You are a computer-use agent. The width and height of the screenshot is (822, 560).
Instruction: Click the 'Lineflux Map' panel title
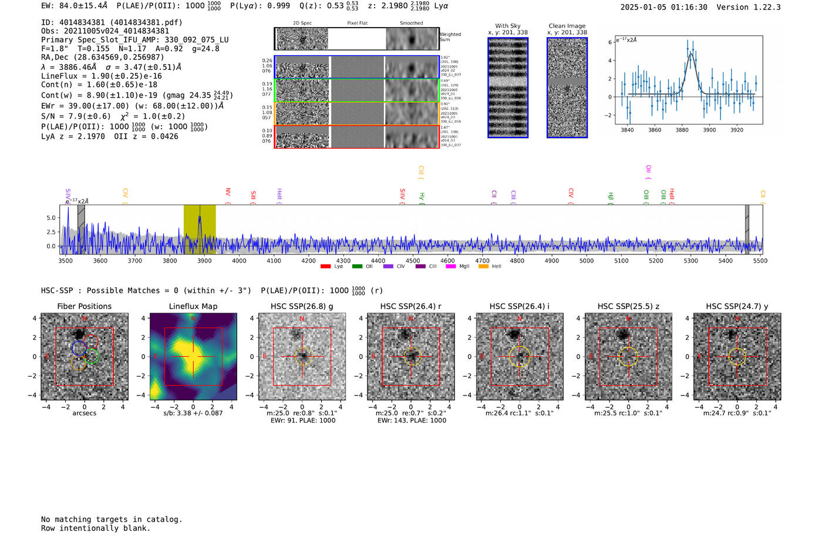pos(193,306)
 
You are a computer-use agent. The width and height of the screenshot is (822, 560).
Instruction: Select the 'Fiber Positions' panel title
pos(84,306)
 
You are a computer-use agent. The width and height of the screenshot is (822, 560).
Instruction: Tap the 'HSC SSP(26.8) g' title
pos(302,306)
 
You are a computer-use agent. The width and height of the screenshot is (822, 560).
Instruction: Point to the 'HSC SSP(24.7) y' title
pos(737,306)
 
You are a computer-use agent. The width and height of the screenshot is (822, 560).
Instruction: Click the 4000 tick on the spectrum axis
pos(239,260)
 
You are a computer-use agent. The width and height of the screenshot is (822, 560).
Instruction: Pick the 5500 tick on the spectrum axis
pos(760,260)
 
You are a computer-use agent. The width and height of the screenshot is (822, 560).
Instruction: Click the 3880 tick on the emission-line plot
pos(682,130)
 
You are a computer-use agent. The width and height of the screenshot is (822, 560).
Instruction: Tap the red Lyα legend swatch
pos(325,266)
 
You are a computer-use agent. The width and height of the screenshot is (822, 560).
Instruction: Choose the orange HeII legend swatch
pos(483,266)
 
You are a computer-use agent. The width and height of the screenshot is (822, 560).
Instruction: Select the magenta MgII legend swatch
pos(451,266)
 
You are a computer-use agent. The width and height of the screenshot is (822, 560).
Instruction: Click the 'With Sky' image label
pos(507,26)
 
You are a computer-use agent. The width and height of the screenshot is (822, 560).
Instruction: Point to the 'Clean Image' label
pos(567,26)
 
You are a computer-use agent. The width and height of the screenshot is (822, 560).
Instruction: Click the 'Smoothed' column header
pos(411,24)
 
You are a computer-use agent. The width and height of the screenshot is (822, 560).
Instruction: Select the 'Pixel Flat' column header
pos(357,24)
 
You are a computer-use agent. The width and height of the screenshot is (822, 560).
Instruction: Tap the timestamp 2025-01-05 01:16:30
pos(663,7)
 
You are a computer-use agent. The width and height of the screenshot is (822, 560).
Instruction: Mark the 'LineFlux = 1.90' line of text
pos(101,76)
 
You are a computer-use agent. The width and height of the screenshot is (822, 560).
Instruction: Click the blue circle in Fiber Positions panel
pos(79,348)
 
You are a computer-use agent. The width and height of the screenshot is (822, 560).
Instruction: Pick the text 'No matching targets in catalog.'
pos(112,519)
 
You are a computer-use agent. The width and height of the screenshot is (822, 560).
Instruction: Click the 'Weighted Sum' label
pos(450,37)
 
